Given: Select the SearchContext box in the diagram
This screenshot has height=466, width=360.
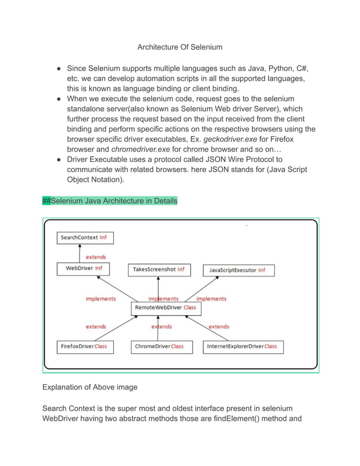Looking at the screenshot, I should [85, 238].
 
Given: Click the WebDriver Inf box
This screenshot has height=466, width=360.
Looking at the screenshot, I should [84, 269].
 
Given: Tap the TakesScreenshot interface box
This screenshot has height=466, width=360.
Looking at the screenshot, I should [159, 270].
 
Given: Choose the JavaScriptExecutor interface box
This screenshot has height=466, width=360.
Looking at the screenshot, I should [238, 270].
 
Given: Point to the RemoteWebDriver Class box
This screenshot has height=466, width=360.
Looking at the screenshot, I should [165, 308].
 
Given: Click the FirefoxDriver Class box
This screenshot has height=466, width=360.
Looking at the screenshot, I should [84, 346].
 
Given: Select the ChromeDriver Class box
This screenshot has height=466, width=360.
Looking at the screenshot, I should [159, 346].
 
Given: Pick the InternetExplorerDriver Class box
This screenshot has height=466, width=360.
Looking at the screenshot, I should [243, 346].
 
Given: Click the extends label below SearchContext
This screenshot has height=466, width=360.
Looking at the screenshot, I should [95, 257].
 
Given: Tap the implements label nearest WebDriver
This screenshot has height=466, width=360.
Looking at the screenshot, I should [100, 298].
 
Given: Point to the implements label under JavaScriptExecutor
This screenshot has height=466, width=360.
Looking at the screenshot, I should [211, 298].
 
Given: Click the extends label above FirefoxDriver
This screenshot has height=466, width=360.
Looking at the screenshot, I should [95, 327].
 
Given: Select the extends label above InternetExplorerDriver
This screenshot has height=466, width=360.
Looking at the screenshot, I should [218, 327].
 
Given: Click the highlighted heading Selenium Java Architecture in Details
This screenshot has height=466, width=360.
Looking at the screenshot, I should [111, 201].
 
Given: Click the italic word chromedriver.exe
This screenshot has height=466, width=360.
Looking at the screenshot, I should [138, 150].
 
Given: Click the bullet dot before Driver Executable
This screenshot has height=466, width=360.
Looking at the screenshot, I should [59, 160].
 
